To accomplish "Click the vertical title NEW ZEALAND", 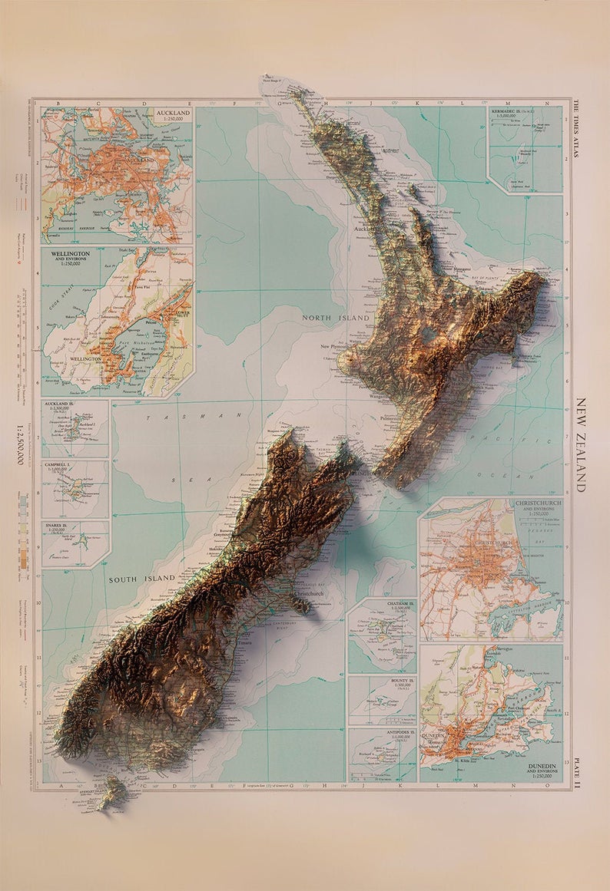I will (581, 444).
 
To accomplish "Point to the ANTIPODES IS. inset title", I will (393, 732).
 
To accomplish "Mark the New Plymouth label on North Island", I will (336, 346).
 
